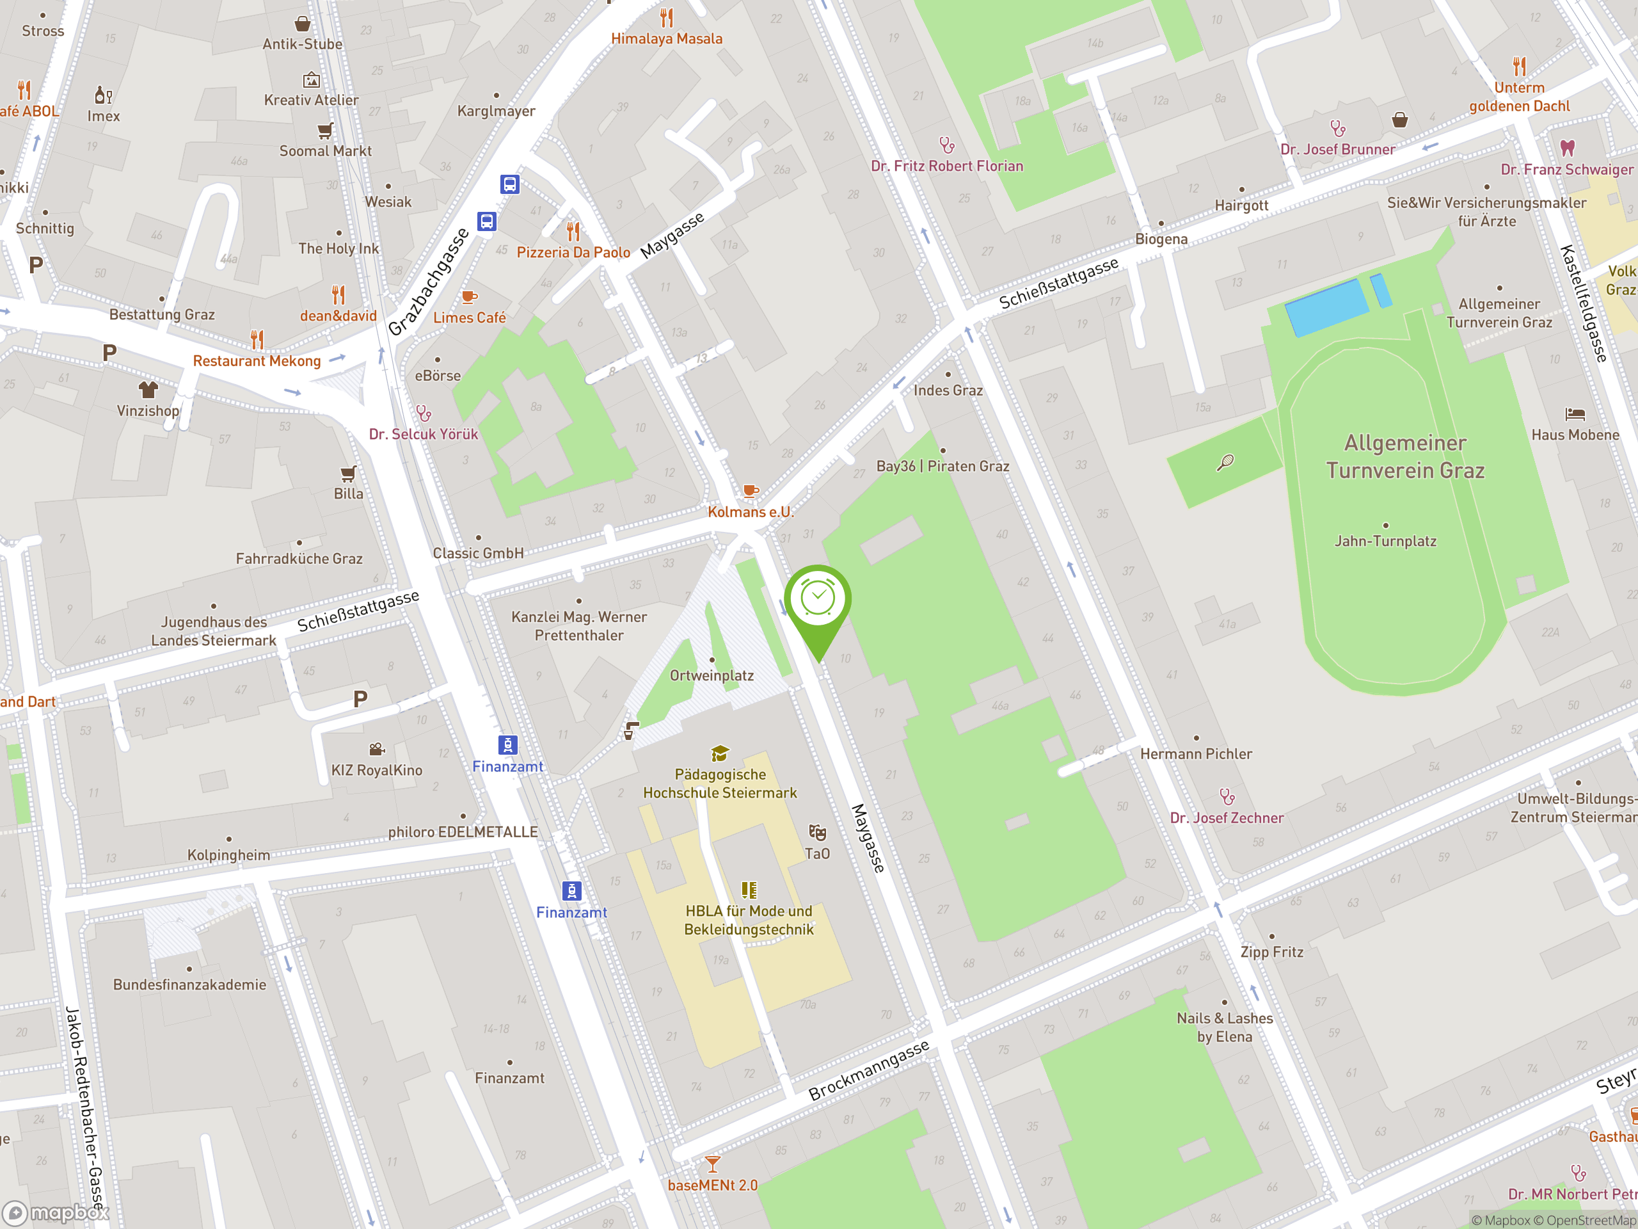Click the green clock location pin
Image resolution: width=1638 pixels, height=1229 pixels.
(x=818, y=600)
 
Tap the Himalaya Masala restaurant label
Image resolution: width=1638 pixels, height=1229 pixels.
(x=667, y=38)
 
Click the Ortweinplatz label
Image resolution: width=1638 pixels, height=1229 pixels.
(x=712, y=675)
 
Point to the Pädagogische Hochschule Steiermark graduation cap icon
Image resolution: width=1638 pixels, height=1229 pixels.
(x=720, y=754)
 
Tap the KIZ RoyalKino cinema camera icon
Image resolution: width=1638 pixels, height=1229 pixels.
(x=377, y=749)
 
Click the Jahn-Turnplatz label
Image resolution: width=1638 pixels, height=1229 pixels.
(x=1385, y=542)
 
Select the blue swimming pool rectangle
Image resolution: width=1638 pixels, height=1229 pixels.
(x=1326, y=307)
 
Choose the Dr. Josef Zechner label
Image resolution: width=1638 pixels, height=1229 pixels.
(x=1227, y=818)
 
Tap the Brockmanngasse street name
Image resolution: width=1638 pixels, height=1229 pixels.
(x=869, y=1070)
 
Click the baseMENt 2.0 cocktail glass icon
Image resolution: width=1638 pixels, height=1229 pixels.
(x=712, y=1164)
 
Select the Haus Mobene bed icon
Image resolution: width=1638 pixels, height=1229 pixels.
(x=1575, y=414)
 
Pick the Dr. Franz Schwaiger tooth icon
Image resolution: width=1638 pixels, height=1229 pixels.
(x=1567, y=147)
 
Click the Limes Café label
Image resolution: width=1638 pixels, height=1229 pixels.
(x=470, y=317)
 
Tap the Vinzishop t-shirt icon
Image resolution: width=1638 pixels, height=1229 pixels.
(x=148, y=390)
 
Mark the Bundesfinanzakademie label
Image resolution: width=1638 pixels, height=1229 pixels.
(x=189, y=984)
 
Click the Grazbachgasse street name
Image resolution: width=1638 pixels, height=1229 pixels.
(x=429, y=282)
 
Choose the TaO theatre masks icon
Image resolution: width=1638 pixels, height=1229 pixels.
(x=818, y=833)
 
